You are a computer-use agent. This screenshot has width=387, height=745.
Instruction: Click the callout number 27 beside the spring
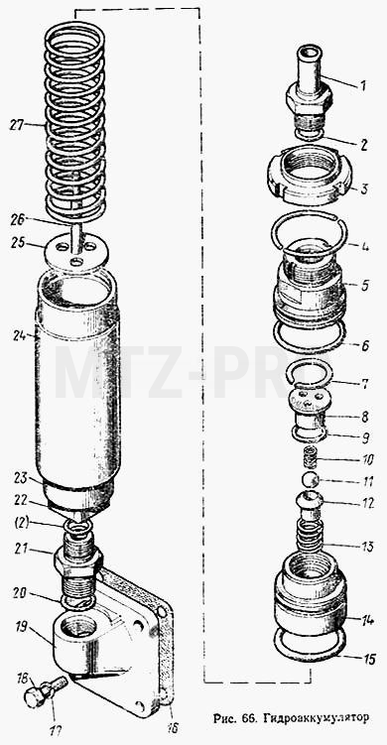(17, 125)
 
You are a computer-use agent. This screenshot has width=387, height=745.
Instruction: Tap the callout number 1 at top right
(362, 86)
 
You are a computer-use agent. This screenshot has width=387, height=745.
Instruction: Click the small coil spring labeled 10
(311, 459)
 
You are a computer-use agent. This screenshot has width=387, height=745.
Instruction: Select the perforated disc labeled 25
(77, 253)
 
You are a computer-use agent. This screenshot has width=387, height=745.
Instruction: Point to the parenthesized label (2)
(22, 523)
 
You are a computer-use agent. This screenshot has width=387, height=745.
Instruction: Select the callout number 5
(364, 286)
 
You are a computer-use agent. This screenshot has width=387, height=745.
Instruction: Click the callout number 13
(366, 547)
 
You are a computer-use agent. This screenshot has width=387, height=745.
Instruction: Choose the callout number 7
(365, 384)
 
